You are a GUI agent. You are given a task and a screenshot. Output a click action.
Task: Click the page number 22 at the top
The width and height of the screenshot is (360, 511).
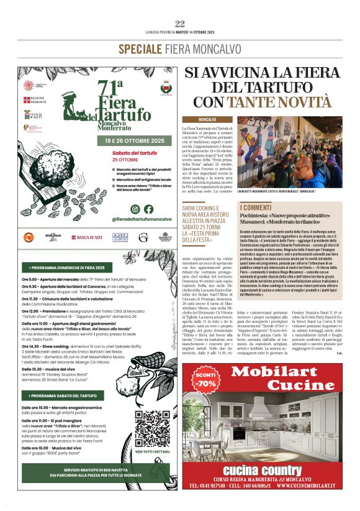pos(180,24)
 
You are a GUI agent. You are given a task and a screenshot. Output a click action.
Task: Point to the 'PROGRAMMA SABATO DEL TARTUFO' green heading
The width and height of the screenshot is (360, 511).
pos(63,395)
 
